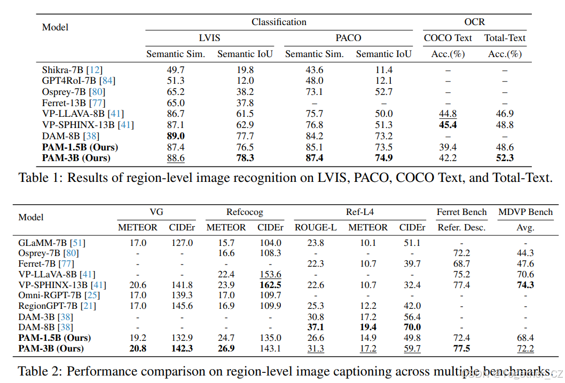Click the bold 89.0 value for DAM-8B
(x=176, y=136)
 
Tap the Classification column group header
(x=279, y=22)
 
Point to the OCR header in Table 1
(x=475, y=22)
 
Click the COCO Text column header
(x=448, y=38)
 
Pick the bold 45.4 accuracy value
(x=448, y=125)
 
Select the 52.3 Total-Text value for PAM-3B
(x=505, y=158)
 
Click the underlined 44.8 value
(x=448, y=114)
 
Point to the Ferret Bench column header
(x=461, y=212)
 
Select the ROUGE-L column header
(x=316, y=227)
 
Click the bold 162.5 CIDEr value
(x=269, y=285)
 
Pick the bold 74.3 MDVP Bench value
(x=525, y=285)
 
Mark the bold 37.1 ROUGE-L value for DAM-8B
(x=316, y=327)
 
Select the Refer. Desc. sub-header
(x=461, y=227)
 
